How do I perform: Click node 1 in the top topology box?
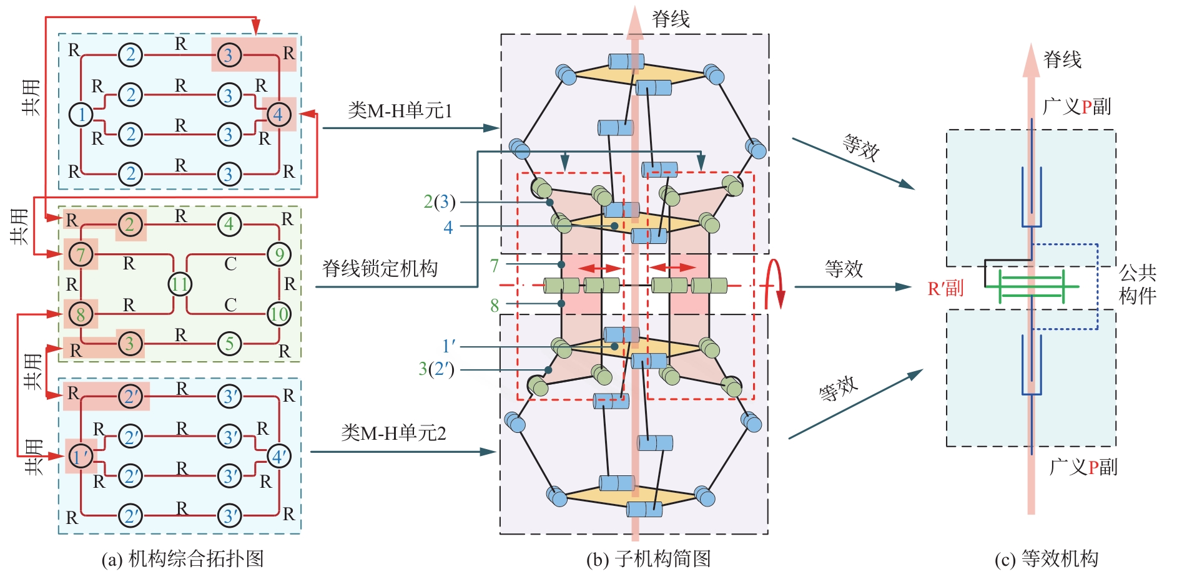81,114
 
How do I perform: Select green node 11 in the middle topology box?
180,284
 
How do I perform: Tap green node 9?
278,254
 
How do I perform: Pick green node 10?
278,314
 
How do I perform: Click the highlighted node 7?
81,254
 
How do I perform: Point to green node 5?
229,343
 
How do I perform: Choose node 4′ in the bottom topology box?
278,457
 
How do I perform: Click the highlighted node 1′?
81,457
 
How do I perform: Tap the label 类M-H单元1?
400,111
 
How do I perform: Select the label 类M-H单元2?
393,433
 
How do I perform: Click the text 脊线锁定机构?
380,269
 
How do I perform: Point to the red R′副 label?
945,288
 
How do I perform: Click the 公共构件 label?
1137,284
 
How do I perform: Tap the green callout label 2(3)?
439,201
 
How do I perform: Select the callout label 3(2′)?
436,369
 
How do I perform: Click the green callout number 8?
495,306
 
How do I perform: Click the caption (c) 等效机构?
1046,558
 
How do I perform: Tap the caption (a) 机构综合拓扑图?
182,558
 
